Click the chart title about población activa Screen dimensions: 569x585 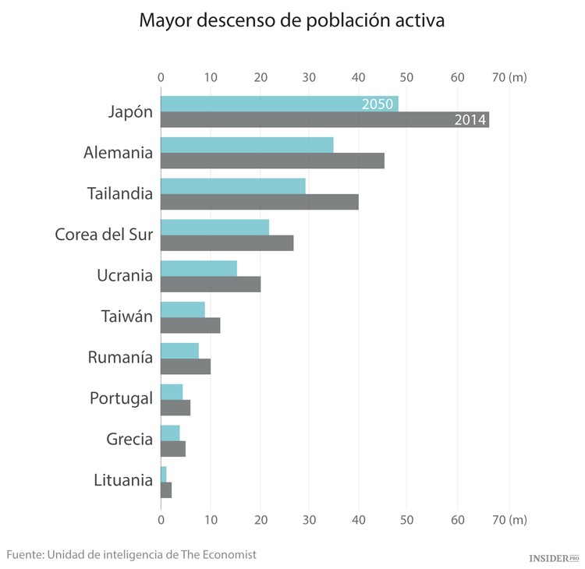click(292, 21)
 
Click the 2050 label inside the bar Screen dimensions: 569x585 click(378, 104)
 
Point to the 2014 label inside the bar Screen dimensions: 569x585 click(471, 120)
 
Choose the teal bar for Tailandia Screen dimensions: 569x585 click(232, 186)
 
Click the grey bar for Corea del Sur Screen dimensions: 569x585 click(227, 243)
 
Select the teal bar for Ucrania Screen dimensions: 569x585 click(198, 268)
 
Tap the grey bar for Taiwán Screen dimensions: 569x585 click(190, 325)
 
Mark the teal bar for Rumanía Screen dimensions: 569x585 click(179, 350)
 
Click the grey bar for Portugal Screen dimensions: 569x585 click(175, 408)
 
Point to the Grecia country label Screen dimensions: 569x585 click(129, 439)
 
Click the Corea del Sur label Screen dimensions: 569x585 click(104, 234)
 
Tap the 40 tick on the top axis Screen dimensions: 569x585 click(358, 77)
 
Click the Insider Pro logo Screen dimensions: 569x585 click(554, 558)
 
